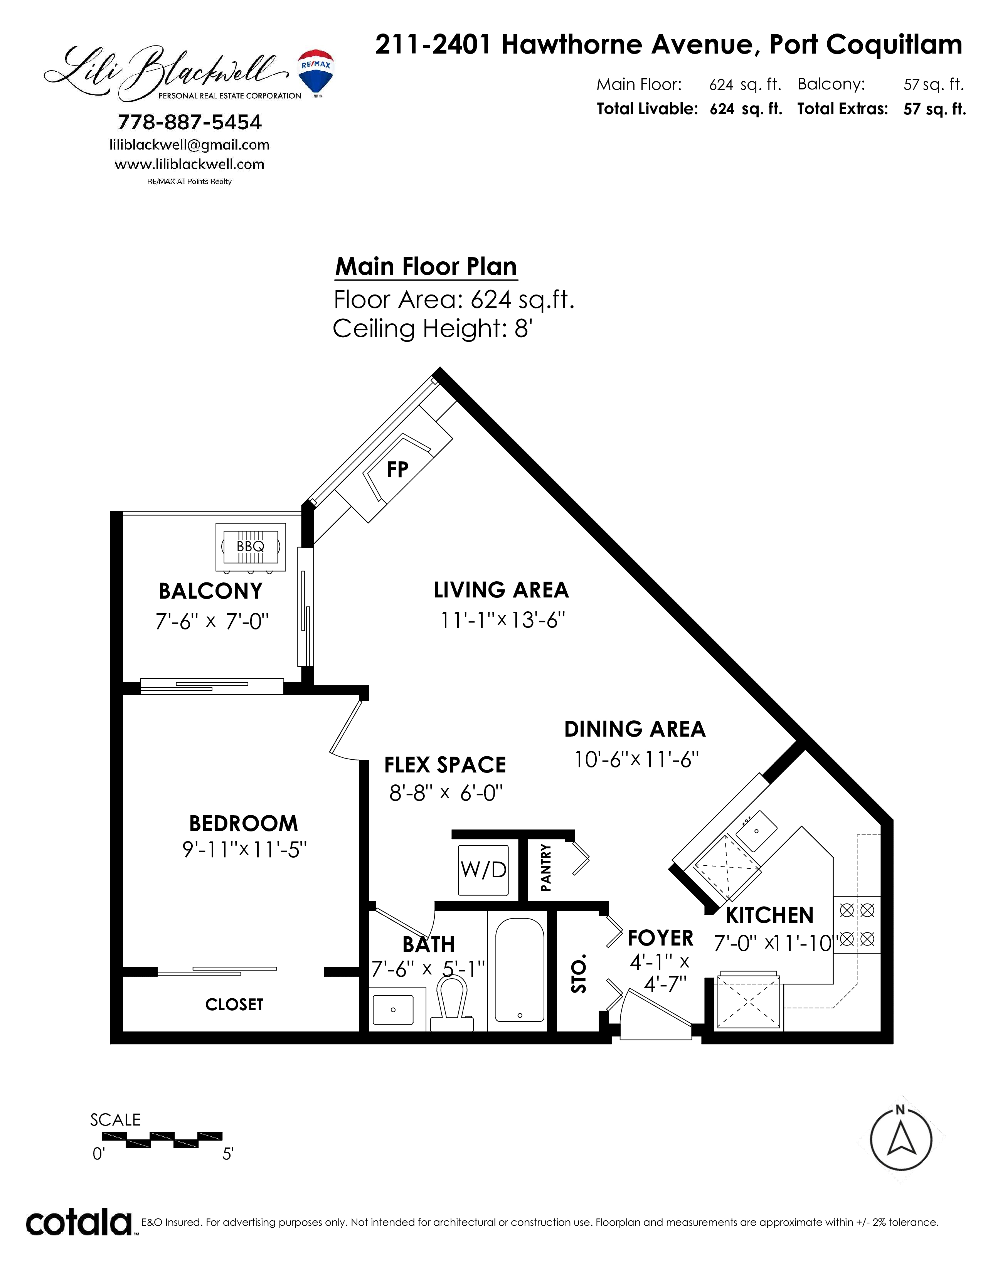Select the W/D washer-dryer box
pos(483,870)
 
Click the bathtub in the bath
pos(520,970)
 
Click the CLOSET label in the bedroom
pos(234,1004)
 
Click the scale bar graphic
pos(162,1139)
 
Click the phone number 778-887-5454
pos(190,122)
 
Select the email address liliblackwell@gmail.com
pos(189,145)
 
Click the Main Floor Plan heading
pos(426,267)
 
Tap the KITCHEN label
pos(769,915)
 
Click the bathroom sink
pos(393,1010)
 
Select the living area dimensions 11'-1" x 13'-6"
pos(503,620)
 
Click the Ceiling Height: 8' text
pos(433,329)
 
